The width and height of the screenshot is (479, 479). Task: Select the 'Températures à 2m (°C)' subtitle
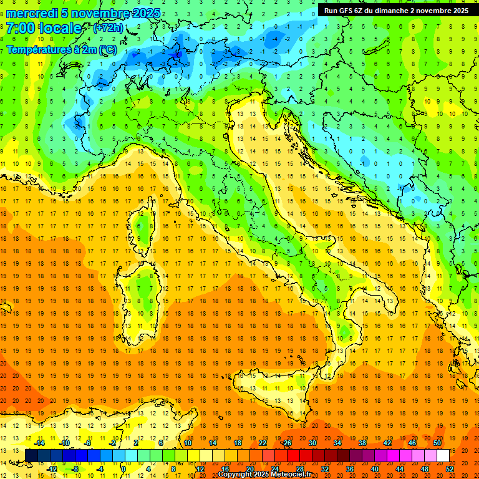tap(61, 49)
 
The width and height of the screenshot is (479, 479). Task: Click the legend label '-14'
tap(39, 443)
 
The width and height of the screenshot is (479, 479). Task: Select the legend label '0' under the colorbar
tap(123, 468)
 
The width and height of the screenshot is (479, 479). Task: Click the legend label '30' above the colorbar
tap(312, 443)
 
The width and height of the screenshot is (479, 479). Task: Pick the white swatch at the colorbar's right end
tap(443, 456)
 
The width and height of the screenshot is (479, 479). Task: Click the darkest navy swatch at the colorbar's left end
tap(32, 456)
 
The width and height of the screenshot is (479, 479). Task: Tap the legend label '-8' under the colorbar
tap(75, 468)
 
